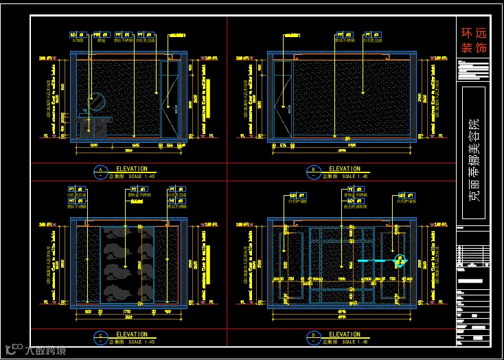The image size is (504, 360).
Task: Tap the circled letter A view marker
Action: coord(101,170)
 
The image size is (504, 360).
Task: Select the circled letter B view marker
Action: coord(313,170)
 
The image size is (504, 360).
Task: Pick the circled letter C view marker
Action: coord(101,337)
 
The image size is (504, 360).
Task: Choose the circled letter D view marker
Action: coord(313,337)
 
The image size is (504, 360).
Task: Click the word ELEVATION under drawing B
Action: coord(344,168)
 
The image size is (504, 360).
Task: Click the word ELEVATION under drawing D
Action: coord(344,335)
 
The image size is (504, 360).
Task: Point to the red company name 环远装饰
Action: coord(472,41)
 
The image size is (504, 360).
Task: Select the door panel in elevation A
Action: coord(168,99)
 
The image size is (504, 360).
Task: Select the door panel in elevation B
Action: coord(282,100)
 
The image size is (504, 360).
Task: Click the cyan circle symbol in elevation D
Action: coord(400,261)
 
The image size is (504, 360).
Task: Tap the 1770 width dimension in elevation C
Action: coord(127,311)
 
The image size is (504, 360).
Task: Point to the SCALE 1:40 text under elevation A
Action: coord(141,175)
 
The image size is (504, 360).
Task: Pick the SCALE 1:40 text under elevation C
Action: coord(141,342)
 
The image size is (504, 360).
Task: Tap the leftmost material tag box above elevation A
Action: coord(78,34)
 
